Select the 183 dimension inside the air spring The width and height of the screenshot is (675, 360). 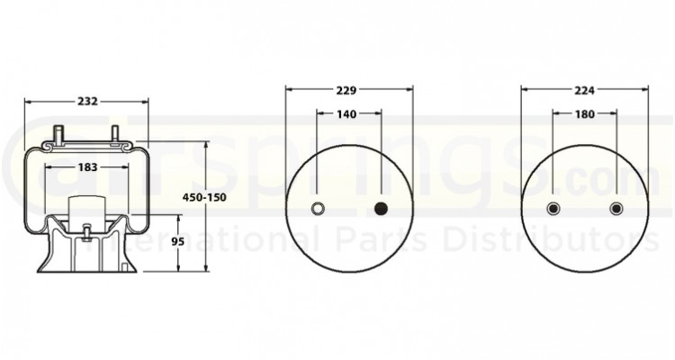click(x=86, y=167)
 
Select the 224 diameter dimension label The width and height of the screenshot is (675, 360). click(x=584, y=90)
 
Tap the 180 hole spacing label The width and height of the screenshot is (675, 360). click(x=584, y=114)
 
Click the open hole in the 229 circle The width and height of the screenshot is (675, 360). click(x=318, y=210)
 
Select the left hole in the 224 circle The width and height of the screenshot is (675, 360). click(x=553, y=210)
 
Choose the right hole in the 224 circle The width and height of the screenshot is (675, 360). click(x=616, y=210)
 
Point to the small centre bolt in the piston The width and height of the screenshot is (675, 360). click(x=86, y=233)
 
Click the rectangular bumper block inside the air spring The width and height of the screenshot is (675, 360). click(x=86, y=208)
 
